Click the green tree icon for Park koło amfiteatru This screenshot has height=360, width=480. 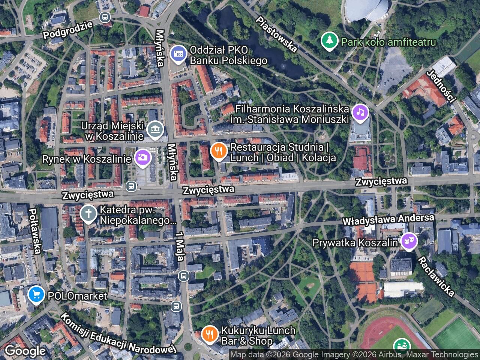point(329,40)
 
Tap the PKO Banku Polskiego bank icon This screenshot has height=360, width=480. point(178,54)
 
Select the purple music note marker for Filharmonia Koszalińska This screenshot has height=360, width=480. point(360,112)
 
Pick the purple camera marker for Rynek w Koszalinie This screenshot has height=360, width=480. point(142,157)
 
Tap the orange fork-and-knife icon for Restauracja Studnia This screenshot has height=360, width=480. point(219,151)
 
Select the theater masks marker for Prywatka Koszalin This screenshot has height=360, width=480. point(408,241)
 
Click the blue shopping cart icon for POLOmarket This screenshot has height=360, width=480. point(36,295)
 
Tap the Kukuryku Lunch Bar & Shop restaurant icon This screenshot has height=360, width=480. point(209,334)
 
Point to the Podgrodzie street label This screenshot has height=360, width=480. point(68,30)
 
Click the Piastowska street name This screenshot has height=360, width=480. point(277,34)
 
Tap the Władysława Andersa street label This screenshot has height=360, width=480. point(388,220)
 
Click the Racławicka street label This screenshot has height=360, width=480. point(436,276)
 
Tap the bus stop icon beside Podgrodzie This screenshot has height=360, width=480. point(105,17)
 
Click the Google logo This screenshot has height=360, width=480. point(25,351)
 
